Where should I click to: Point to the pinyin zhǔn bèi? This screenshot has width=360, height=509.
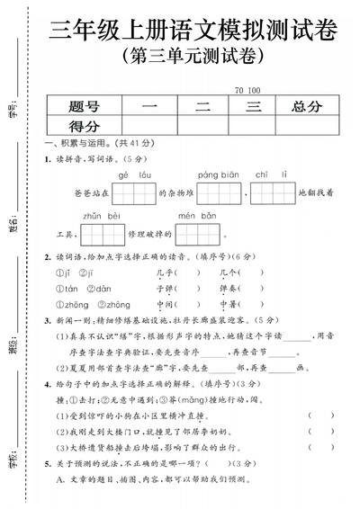[101, 217]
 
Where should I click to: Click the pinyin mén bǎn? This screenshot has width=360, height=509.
[197, 217]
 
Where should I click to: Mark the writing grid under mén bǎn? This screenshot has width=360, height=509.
[197, 235]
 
